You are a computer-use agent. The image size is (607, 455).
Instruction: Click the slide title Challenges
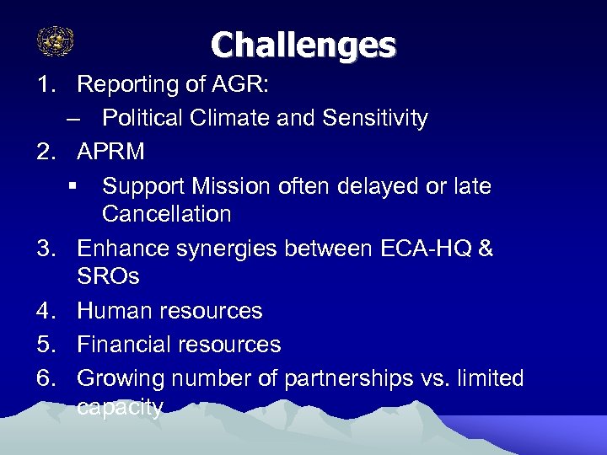click(303, 45)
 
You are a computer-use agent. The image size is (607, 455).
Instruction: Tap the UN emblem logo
click(56, 40)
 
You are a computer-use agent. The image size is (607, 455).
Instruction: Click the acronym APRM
click(110, 152)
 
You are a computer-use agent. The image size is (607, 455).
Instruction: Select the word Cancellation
click(166, 214)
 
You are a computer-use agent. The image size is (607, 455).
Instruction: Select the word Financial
click(125, 345)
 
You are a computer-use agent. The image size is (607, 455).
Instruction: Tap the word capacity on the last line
click(119, 408)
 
